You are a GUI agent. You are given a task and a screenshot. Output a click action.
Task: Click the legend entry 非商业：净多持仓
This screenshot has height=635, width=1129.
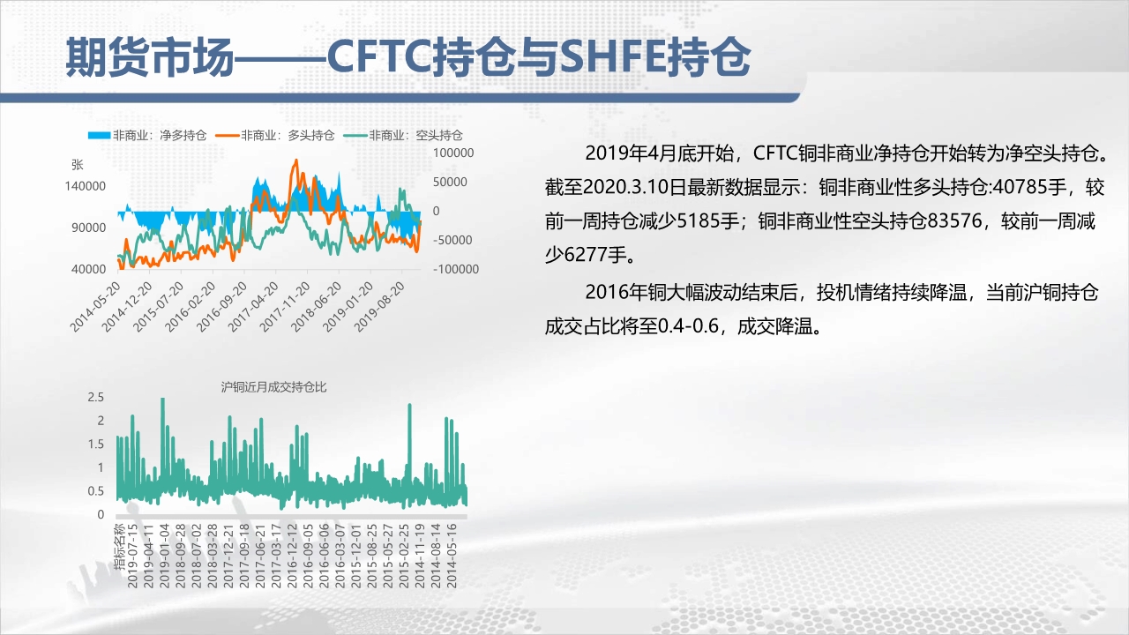(x=147, y=135)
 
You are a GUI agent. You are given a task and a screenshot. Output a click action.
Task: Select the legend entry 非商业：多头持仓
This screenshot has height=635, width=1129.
(x=275, y=135)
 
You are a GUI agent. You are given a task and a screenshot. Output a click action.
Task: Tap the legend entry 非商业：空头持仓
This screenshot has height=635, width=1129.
(x=403, y=135)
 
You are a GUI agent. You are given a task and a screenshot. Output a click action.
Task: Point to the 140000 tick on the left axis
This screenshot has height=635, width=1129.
(x=86, y=186)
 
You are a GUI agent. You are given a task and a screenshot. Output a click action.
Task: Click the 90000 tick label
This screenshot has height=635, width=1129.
(x=89, y=228)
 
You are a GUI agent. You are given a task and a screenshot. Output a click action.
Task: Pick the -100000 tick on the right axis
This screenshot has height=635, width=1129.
(x=456, y=269)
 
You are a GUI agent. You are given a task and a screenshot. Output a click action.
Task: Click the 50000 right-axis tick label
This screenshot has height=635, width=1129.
(x=450, y=182)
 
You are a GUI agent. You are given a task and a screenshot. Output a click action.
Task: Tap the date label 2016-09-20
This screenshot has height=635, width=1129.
(x=221, y=307)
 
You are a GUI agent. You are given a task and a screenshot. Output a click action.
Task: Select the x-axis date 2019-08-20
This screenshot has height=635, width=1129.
(x=379, y=307)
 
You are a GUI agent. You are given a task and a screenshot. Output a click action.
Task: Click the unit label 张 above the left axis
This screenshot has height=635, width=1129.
(x=77, y=164)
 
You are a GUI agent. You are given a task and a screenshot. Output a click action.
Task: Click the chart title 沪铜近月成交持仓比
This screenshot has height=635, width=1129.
(x=273, y=387)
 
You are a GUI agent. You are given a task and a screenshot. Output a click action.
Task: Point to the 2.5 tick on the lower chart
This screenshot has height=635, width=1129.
(x=96, y=397)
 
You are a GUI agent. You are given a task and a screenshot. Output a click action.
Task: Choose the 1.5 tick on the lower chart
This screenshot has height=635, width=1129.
(x=96, y=444)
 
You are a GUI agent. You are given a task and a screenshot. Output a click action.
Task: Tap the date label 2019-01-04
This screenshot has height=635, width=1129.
(x=164, y=556)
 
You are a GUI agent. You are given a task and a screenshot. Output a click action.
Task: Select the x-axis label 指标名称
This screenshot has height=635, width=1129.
(x=119, y=546)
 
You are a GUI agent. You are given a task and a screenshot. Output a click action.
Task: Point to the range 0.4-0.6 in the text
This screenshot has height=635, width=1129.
(x=689, y=326)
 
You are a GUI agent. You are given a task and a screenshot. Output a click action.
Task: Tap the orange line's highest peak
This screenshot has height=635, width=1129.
(x=295, y=161)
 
